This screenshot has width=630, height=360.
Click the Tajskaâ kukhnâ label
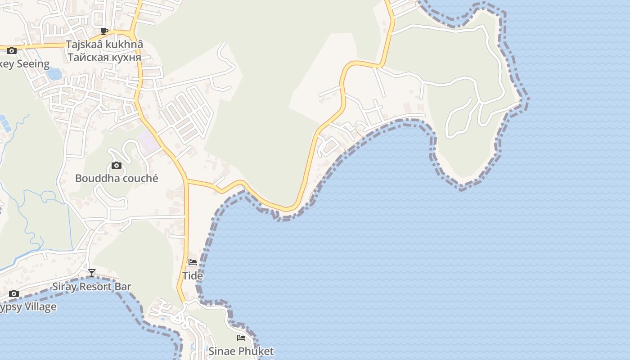pos(104,45)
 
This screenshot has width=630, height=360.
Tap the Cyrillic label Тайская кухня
pos(104,57)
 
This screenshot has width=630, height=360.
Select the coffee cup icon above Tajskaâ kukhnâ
pos(104,31)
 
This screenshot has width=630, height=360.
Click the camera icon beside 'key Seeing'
pos(12,50)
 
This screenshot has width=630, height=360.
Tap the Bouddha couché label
pos(117,178)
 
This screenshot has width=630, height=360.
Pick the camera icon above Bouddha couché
pos(117,166)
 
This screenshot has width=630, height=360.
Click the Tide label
pos(193,275)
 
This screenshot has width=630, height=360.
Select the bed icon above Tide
pos(193,262)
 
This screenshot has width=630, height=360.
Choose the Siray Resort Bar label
pos(92,287)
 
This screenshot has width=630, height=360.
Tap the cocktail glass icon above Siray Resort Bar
pos(92,273)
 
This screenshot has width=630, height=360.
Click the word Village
pos(40,307)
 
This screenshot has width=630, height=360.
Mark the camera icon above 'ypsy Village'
pos(14,294)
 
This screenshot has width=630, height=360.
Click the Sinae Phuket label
pos(241,351)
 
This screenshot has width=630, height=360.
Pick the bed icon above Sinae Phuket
pos(241,338)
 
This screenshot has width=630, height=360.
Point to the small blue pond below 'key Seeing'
pos(54,74)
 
